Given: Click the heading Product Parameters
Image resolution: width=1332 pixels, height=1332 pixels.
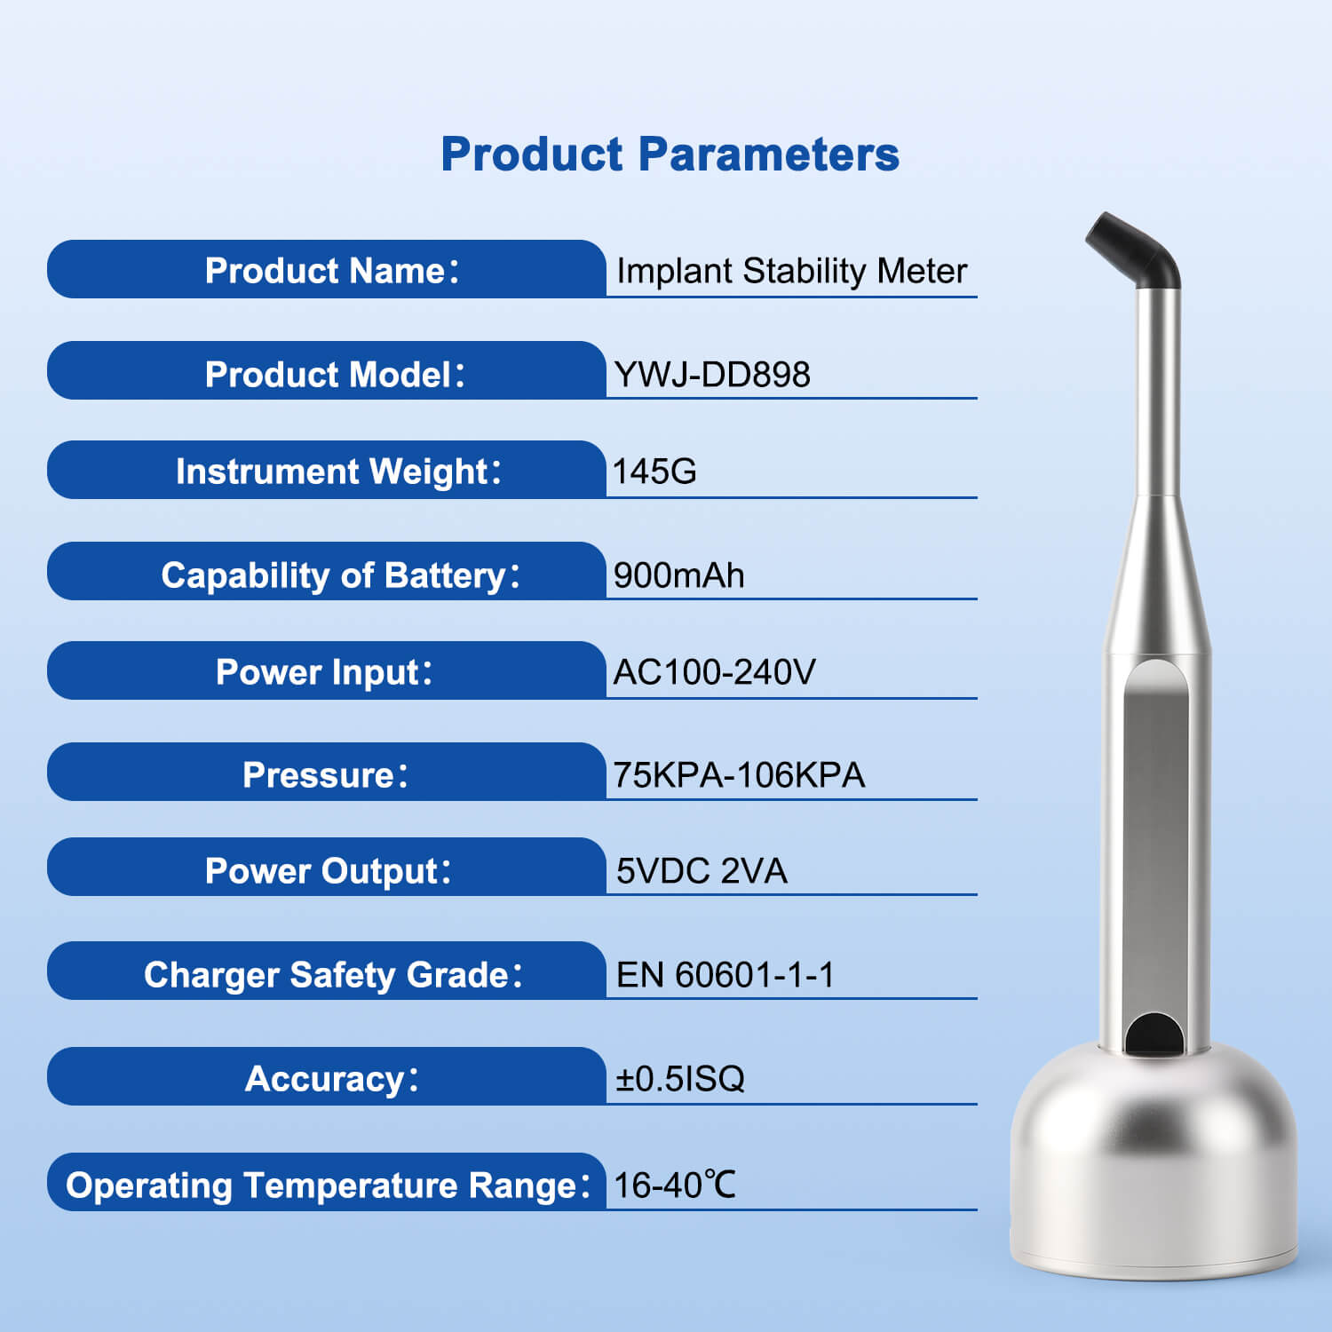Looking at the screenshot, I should pyautogui.click(x=670, y=155).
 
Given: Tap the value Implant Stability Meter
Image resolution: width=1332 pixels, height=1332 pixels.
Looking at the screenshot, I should pyautogui.click(x=791, y=271).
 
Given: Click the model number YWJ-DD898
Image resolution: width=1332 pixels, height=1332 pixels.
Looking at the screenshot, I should pyautogui.click(x=711, y=375).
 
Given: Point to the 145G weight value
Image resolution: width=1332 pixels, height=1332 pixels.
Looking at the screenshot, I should pyautogui.click(x=654, y=472).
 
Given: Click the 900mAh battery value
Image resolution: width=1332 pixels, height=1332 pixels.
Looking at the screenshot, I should pyautogui.click(x=678, y=575).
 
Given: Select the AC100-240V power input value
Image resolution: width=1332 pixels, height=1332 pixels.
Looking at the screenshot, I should pyautogui.click(x=714, y=672).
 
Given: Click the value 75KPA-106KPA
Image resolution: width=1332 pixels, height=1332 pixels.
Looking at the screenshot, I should pyautogui.click(x=739, y=775).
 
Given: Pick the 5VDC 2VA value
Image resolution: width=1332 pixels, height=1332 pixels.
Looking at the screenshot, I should pyautogui.click(x=702, y=871).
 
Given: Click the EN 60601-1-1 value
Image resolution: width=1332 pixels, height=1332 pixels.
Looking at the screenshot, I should pyautogui.click(x=725, y=975).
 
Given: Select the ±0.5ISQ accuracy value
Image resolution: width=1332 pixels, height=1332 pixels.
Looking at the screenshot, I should pyautogui.click(x=680, y=1079).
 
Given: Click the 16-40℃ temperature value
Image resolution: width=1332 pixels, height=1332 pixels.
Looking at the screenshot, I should pyautogui.click(x=675, y=1185).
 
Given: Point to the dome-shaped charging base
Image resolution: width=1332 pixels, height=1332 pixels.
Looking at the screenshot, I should pyautogui.click(x=1154, y=1163).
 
